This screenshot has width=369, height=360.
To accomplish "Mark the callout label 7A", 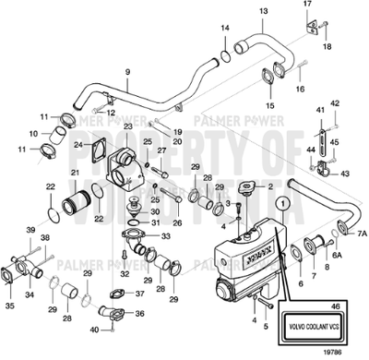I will [363, 235].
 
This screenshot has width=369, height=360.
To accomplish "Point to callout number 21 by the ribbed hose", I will [75, 173].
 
